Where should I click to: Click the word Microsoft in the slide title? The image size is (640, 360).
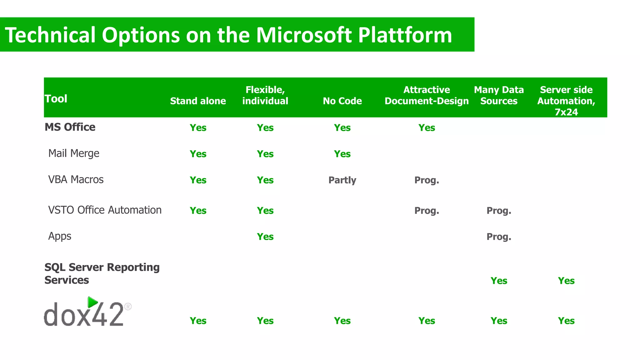point(304,35)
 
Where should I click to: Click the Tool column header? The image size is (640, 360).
point(56,99)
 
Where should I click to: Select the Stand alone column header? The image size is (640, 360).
point(198,101)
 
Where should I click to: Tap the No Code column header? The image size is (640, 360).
point(342,101)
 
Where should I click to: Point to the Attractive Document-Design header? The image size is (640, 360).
point(427,95)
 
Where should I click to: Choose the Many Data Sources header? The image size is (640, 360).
point(499,95)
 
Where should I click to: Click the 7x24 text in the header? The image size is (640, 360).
point(566,112)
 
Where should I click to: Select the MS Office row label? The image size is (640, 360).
point(70,127)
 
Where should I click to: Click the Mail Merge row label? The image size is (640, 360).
point(74,153)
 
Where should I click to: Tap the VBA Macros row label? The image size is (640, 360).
point(76,180)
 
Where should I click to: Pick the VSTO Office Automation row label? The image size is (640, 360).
point(105,210)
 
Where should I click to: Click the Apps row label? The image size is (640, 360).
point(60,236)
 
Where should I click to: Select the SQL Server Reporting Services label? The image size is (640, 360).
point(102,273)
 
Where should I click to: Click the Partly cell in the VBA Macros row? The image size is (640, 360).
point(342,180)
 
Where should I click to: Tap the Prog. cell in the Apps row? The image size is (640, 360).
point(499,237)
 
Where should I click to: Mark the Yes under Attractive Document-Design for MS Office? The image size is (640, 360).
point(427,128)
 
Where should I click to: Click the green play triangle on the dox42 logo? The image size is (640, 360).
point(92,302)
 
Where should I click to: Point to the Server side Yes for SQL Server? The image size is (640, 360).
point(566,281)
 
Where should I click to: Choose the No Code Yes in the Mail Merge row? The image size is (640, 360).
point(342,154)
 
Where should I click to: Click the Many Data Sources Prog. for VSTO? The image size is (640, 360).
point(499,211)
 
